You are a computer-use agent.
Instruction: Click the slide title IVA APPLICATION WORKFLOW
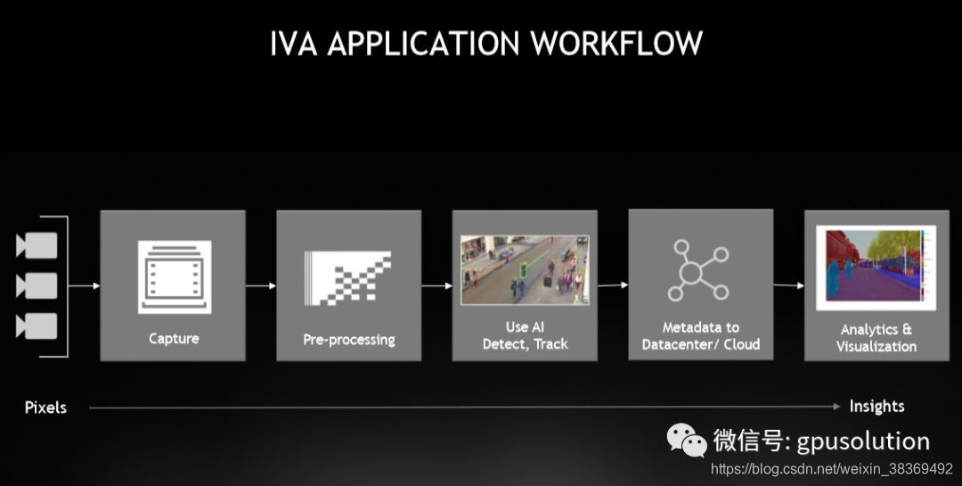tap(485, 43)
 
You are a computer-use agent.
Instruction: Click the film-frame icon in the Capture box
tap(173, 276)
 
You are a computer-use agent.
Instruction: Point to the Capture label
tap(174, 338)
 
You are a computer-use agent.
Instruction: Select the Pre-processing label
tap(349, 339)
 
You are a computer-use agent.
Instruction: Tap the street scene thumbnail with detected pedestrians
tap(525, 270)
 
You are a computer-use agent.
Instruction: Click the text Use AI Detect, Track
tap(525, 335)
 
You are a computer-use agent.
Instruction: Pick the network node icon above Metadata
tap(700, 269)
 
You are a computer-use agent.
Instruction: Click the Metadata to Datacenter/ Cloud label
tap(701, 336)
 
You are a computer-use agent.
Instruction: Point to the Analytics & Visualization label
tap(876, 338)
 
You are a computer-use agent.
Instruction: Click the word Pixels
tap(45, 408)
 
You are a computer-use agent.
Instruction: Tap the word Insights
tap(876, 407)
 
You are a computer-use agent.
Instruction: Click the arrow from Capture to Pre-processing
tap(260, 286)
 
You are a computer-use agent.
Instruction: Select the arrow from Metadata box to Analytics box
tap(788, 286)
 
